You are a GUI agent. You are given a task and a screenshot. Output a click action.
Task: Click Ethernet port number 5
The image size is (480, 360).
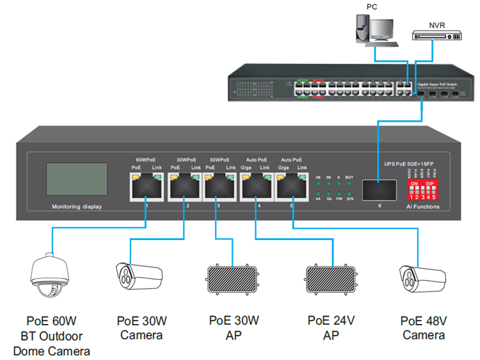[292, 187]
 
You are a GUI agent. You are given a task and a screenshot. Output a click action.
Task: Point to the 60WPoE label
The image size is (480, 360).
[146, 160]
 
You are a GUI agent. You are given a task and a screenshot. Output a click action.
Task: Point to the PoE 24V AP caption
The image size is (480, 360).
[331, 328]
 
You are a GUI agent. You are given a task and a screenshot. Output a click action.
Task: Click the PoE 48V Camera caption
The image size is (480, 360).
[424, 328]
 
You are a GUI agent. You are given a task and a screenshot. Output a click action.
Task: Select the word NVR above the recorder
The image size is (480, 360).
[437, 25]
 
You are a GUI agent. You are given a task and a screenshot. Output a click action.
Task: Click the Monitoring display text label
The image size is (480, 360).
[77, 207]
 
